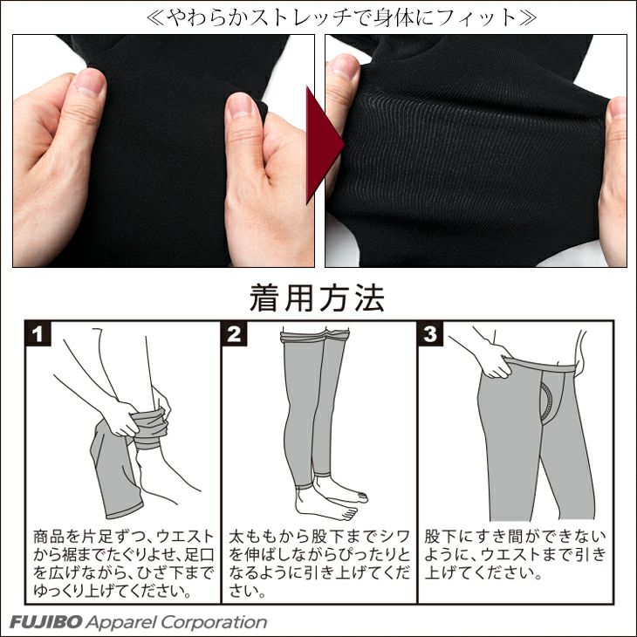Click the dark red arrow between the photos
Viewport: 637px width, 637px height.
tap(323, 145)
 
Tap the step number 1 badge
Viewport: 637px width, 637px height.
tap(38, 334)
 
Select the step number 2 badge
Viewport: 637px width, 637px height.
tap(235, 334)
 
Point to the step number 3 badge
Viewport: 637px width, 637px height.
tap(430, 334)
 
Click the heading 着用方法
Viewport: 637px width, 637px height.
tap(317, 298)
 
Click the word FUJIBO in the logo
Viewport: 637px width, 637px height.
tap(46, 622)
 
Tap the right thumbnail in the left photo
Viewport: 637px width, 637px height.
tap(241, 106)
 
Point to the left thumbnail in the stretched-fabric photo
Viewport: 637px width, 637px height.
tap(344, 67)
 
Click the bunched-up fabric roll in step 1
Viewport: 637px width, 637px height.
tap(151, 429)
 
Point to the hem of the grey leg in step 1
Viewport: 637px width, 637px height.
tap(125, 512)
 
